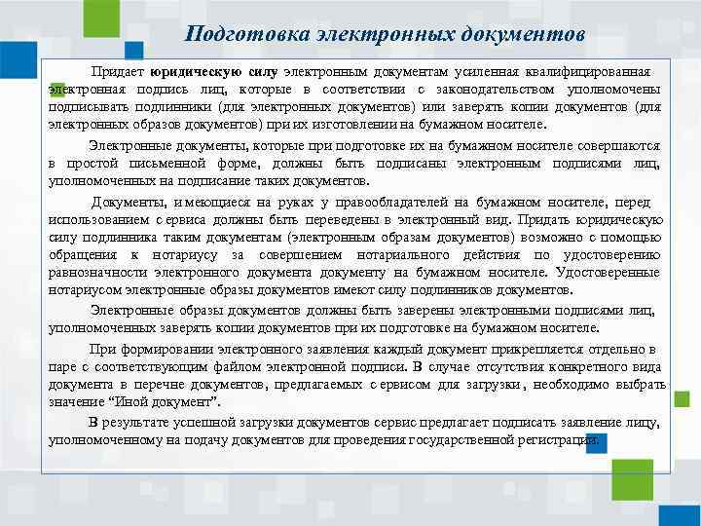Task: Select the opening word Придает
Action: [118, 72]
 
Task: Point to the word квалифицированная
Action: [599, 72]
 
